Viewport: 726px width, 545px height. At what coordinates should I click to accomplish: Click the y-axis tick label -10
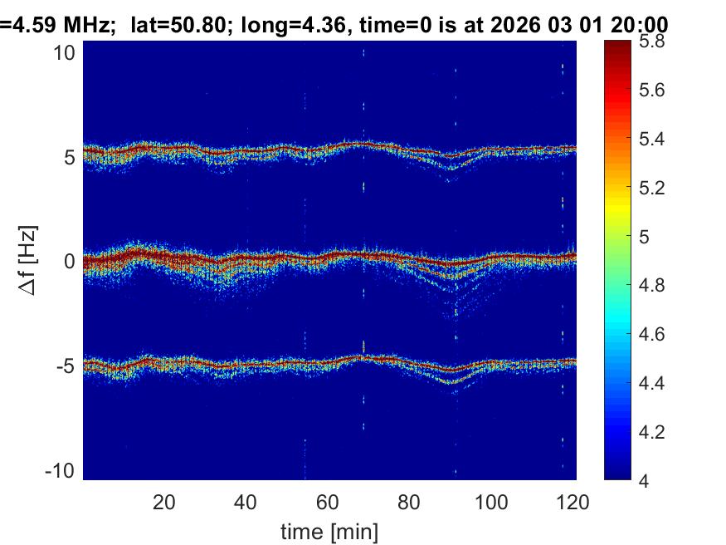coord(63,470)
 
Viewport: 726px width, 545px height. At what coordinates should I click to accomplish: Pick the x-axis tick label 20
coord(163,502)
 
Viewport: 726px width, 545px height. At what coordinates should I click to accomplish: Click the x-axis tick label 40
coord(246,502)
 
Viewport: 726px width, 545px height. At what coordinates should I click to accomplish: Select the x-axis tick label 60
coord(328,502)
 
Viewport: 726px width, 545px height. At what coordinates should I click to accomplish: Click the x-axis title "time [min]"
coord(329,529)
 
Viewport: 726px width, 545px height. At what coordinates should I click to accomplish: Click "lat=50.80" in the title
coord(178,25)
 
